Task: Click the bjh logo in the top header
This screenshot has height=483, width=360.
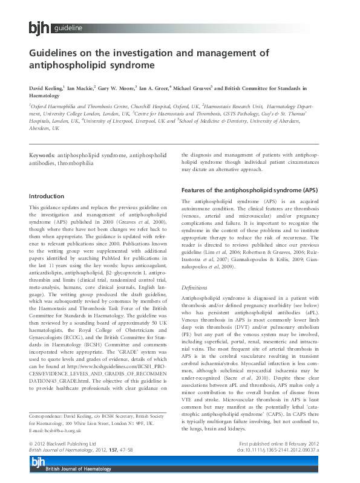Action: [x=39, y=28]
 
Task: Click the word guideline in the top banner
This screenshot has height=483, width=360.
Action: [x=68, y=28]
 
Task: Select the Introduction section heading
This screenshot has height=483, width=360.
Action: [x=47, y=196]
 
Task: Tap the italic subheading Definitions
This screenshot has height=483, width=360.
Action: [x=195, y=288]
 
